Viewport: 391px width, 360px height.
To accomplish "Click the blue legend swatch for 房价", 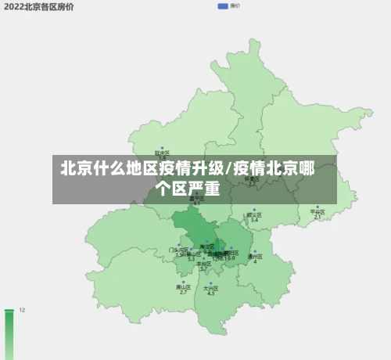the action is point(223,5).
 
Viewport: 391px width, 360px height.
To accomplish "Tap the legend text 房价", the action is point(235,5).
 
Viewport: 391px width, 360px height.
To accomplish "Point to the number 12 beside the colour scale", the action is point(22,311).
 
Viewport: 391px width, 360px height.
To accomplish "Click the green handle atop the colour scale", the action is point(9,311).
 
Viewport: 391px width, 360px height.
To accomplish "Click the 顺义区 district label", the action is point(254,214).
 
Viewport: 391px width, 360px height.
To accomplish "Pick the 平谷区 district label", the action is point(317,211).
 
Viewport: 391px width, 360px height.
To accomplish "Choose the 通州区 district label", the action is point(255,256).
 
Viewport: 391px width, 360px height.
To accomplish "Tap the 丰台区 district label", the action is point(203,264).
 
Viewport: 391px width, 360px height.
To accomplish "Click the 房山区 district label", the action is point(183,287).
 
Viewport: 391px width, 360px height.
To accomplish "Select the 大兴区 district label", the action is point(210,288).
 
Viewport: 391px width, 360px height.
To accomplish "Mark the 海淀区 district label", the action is point(207,247).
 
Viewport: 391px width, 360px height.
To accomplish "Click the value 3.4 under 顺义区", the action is point(254,220).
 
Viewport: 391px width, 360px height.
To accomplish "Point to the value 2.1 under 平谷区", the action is point(317,217).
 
